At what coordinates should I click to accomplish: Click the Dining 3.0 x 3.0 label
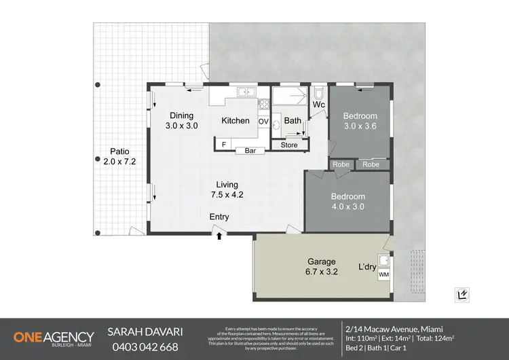tap(181, 121)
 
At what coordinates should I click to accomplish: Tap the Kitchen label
tap(235, 121)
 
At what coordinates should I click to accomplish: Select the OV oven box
tap(264, 122)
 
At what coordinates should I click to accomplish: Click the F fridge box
tap(223, 144)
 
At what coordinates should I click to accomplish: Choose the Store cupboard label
tap(289, 145)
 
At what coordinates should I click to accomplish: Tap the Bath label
tap(293, 121)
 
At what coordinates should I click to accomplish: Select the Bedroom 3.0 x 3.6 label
tap(360, 121)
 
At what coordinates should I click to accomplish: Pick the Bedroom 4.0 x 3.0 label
tap(347, 202)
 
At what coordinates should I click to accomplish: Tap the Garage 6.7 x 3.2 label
tap(322, 266)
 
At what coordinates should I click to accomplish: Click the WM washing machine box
tap(384, 274)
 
